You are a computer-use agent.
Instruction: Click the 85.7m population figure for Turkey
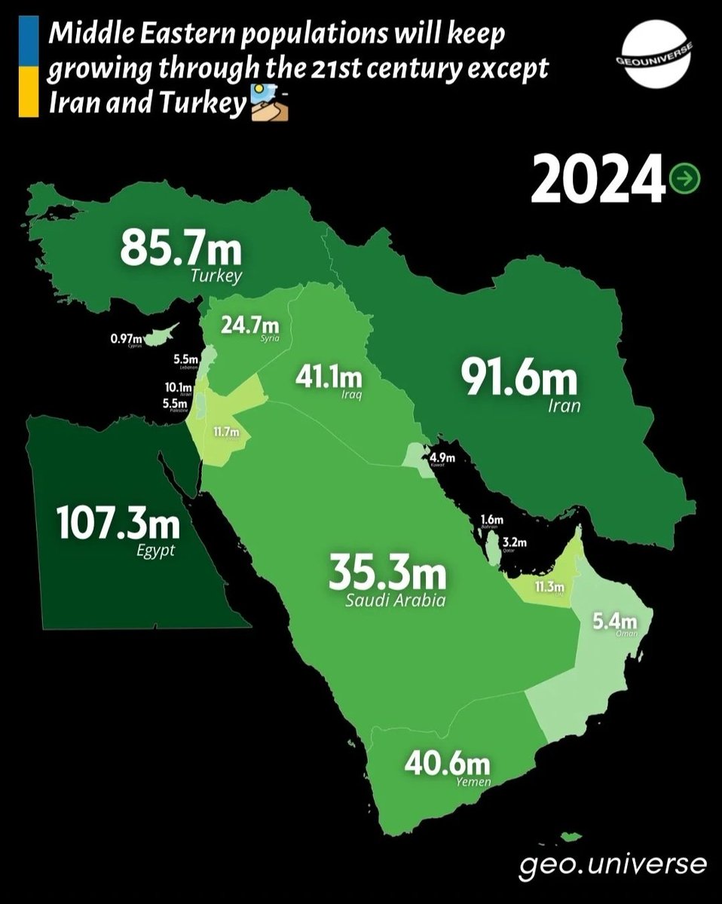(180, 249)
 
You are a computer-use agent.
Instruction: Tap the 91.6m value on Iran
(519, 379)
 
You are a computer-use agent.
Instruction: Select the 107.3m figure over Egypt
(118, 524)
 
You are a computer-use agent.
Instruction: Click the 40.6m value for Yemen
(447, 765)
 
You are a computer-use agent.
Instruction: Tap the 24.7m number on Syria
(249, 326)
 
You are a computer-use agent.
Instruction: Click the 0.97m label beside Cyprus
(125, 340)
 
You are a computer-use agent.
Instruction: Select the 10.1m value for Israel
(178, 387)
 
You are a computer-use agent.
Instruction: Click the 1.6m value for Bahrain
(491, 520)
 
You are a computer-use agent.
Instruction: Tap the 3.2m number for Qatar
(513, 542)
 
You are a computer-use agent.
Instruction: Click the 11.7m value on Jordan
(225, 432)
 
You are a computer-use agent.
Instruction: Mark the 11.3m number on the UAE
(548, 588)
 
